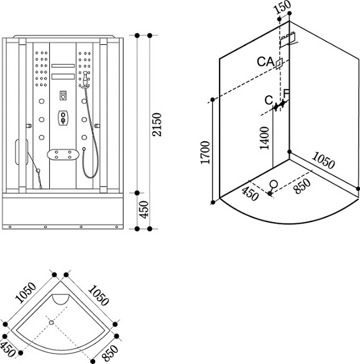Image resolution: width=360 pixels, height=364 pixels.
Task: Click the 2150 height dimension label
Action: click(x=157, y=124)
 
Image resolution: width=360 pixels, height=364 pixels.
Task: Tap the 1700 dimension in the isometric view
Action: click(x=205, y=152)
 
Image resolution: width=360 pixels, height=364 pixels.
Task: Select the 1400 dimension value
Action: click(x=264, y=138)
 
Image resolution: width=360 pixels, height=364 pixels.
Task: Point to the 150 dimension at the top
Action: click(x=282, y=7)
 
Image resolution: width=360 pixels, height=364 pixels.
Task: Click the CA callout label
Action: click(x=265, y=62)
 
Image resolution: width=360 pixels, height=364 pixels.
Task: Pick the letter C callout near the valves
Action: click(x=269, y=100)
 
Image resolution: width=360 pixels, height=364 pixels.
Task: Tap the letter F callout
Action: click(x=287, y=93)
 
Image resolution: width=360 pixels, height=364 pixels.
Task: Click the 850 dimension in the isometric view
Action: click(x=302, y=186)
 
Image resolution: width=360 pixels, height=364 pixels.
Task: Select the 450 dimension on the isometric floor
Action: click(x=250, y=194)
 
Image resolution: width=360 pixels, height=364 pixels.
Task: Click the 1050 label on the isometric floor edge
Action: click(x=323, y=160)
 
